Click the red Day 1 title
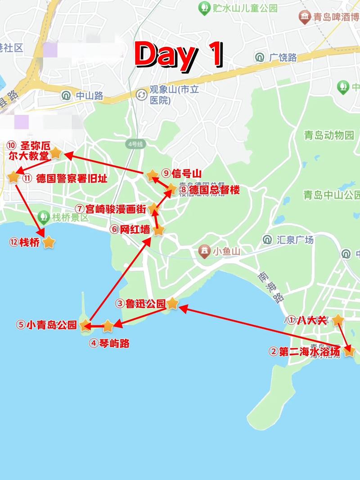tap(179, 54)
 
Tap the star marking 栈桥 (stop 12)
tap(49, 242)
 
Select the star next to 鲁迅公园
tap(173, 304)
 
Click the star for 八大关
tap(337, 320)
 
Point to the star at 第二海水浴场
tap(349, 351)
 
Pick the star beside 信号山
tap(152, 175)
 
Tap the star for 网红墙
tap(159, 230)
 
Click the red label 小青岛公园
tap(47, 325)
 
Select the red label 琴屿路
tap(109, 343)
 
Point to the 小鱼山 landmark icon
tap(205, 251)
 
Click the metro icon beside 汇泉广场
tap(268, 239)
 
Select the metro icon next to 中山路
tap(66, 95)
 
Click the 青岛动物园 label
tap(329, 135)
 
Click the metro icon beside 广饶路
tap(259, 58)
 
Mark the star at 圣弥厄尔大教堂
tap(55, 153)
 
